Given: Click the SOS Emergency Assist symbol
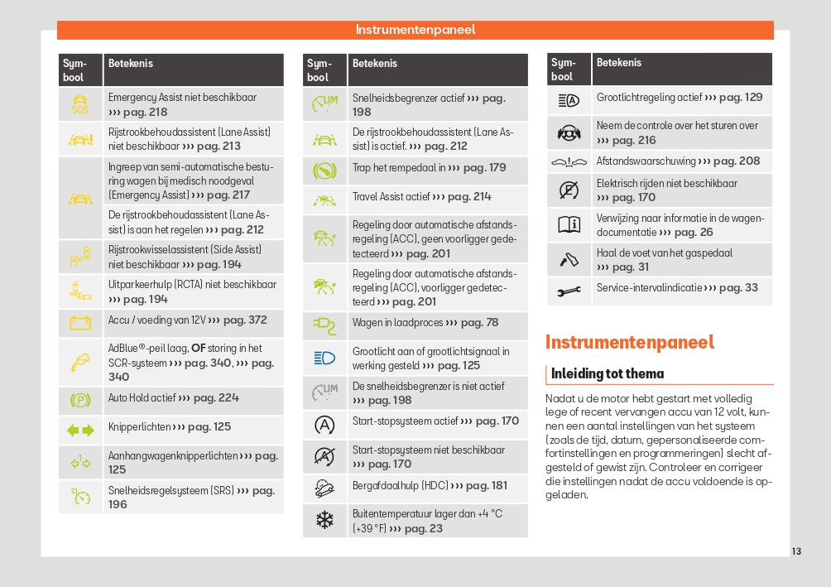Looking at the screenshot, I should (80, 104).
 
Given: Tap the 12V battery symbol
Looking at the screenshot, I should (80, 322).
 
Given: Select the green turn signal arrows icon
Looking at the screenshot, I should (80, 430).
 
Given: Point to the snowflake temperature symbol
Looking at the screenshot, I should (324, 521).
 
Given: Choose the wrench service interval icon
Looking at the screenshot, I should (569, 291).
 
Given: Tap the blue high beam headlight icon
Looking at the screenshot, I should (324, 358).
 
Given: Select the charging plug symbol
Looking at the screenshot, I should (324, 325).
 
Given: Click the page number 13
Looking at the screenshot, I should (796, 551).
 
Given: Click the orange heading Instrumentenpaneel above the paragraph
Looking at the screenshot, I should (629, 342).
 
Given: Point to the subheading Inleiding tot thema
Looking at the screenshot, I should (608, 373).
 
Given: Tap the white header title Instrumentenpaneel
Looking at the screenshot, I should (415, 30).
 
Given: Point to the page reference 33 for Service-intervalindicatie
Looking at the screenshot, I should (751, 288).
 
